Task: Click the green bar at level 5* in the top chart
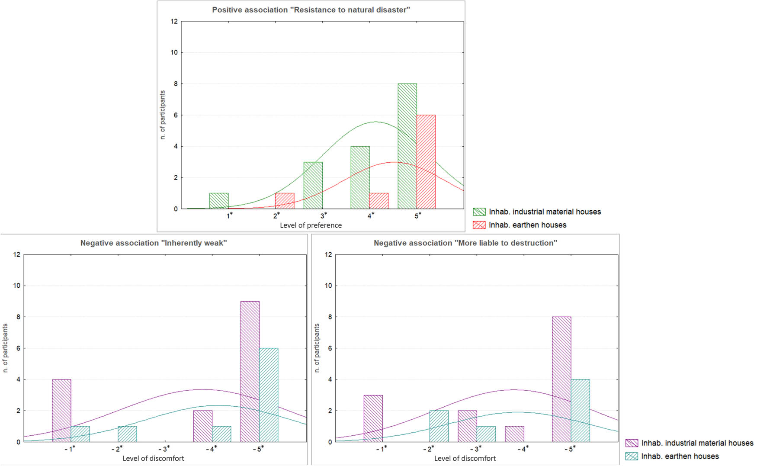407,146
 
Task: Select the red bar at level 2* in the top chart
285,201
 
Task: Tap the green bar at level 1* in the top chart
219,201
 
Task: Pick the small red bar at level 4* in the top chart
379,201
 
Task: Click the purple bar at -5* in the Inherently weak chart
250,371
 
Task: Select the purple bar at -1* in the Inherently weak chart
61,411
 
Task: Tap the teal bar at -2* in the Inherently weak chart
127,434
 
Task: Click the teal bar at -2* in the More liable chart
439,426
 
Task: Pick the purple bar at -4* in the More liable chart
514,434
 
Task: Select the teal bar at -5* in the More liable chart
580,411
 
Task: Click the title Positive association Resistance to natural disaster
311,10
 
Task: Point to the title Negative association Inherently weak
154,243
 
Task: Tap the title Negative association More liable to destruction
465,243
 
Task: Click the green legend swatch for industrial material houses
479,212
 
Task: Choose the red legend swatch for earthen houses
479,225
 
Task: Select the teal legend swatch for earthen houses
631,456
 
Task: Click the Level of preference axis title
311,225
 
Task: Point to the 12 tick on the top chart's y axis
174,21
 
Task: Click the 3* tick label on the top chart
324,215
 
